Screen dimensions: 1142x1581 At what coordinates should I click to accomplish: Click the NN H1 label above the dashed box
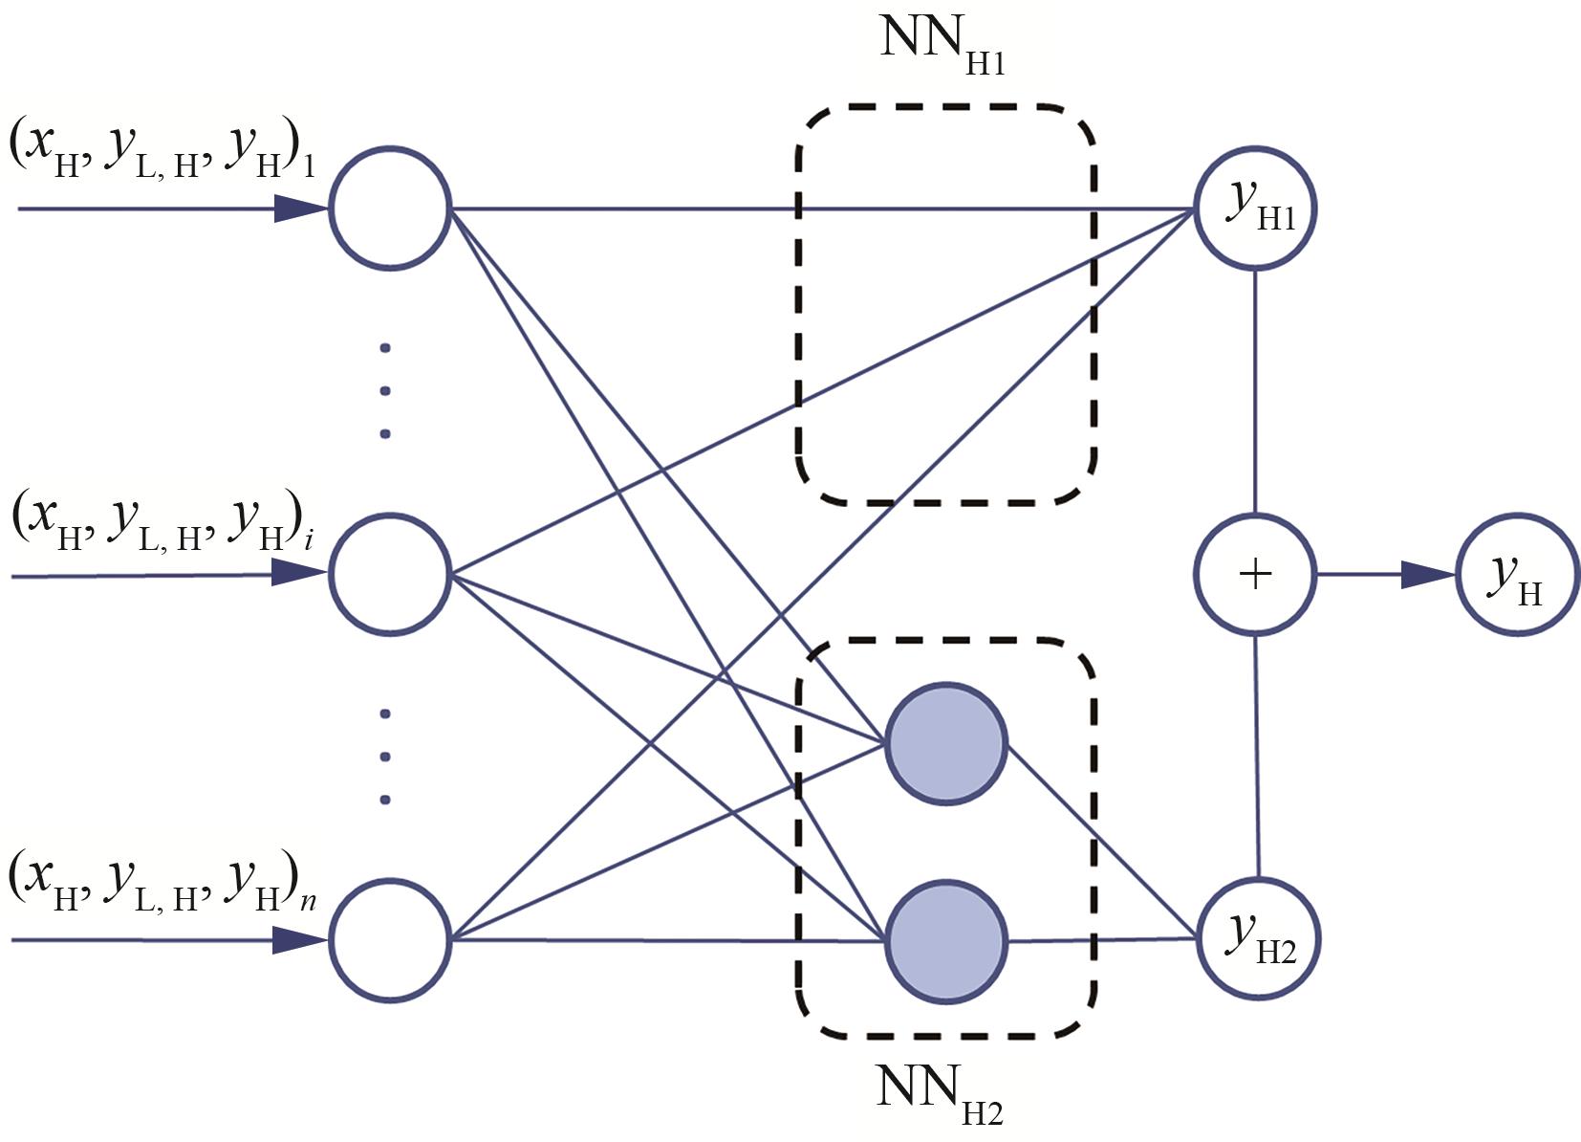pyautogui.click(x=942, y=43)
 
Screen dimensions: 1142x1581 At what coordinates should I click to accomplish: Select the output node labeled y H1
pyautogui.click(x=1255, y=209)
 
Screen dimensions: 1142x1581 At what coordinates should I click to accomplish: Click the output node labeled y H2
pyautogui.click(x=1258, y=938)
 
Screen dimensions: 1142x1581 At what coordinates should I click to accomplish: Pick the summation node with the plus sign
pyautogui.click(x=1255, y=574)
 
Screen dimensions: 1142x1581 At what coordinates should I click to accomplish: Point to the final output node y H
pyautogui.click(x=1518, y=575)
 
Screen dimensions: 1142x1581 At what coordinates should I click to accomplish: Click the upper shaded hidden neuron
pyautogui.click(x=946, y=742)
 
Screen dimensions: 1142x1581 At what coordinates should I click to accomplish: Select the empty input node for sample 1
pyautogui.click(x=390, y=208)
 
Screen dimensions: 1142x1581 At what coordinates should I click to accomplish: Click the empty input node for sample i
pyautogui.click(x=390, y=574)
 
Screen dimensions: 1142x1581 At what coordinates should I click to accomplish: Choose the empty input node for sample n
pyautogui.click(x=390, y=940)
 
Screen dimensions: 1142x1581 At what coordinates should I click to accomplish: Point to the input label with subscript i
pyautogui.click(x=162, y=524)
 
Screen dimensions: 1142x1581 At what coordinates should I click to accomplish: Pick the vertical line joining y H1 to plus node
pyautogui.click(x=1255, y=392)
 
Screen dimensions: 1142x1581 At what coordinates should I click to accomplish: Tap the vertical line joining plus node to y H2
pyautogui.click(x=1257, y=756)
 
